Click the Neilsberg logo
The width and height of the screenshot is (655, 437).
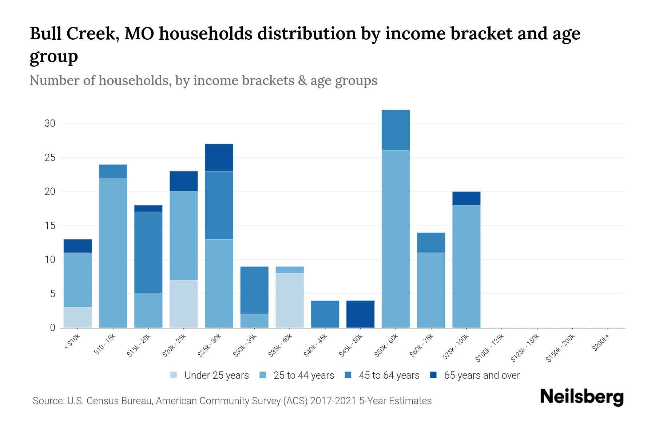point(581,397)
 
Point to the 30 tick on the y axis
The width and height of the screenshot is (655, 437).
point(50,123)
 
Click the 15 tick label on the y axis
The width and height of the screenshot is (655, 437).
point(50,226)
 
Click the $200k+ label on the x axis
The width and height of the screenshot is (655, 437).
point(601,344)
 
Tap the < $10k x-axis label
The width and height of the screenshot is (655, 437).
point(72,342)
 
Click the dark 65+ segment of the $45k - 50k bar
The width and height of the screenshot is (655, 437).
point(360,314)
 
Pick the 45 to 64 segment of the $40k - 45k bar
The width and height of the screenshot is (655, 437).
point(325,314)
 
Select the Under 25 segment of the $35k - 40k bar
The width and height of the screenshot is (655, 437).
point(290,300)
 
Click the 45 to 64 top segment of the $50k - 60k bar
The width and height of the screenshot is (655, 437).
point(396,130)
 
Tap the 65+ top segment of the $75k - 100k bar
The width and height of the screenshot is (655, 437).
point(466,198)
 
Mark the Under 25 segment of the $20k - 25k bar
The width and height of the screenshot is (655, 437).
point(184,304)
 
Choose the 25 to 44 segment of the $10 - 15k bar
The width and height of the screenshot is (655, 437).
point(113,253)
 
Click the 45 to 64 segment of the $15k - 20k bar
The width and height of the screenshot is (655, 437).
point(148,253)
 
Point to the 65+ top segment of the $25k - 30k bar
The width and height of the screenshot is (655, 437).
point(219,157)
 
